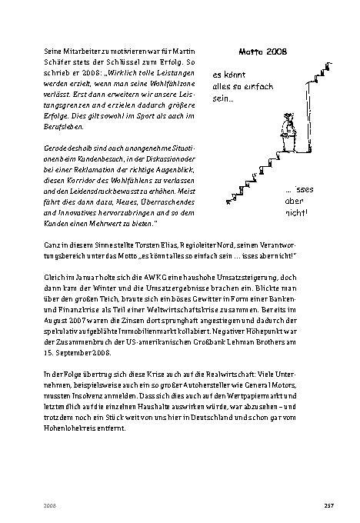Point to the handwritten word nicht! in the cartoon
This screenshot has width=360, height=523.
click(295, 212)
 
